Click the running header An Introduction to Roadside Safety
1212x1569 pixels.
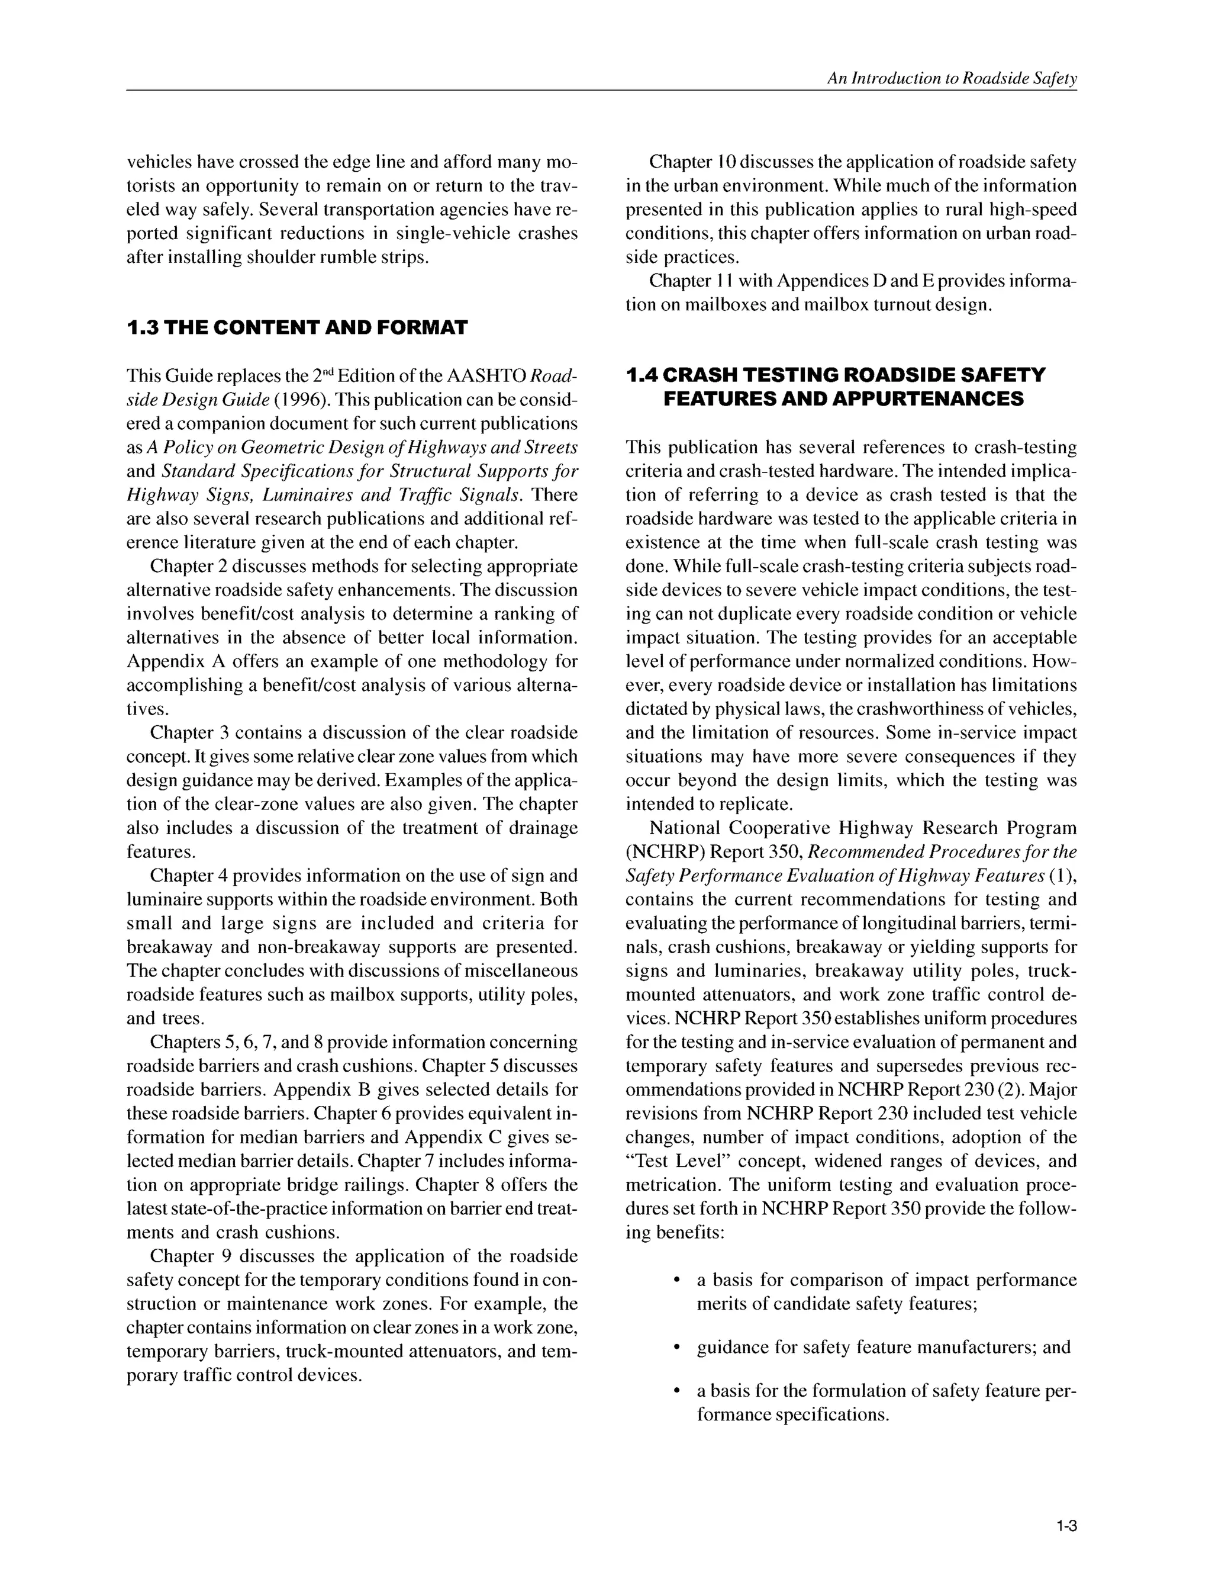(952, 79)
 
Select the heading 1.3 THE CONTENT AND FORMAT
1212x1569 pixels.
(296, 329)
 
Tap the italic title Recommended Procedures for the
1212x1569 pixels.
(943, 852)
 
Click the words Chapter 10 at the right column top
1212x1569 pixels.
(689, 162)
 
